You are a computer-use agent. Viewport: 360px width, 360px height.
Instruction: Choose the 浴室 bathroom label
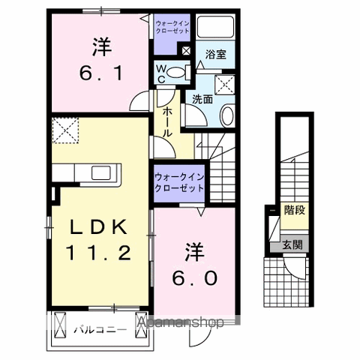click(217, 54)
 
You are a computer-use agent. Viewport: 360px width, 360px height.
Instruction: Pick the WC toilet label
click(161, 73)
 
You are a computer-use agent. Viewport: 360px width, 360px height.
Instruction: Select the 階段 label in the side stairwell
click(295, 211)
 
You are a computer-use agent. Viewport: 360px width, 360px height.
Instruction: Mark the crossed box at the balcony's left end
click(59, 326)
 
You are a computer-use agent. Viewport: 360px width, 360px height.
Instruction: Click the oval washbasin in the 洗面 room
click(227, 114)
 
